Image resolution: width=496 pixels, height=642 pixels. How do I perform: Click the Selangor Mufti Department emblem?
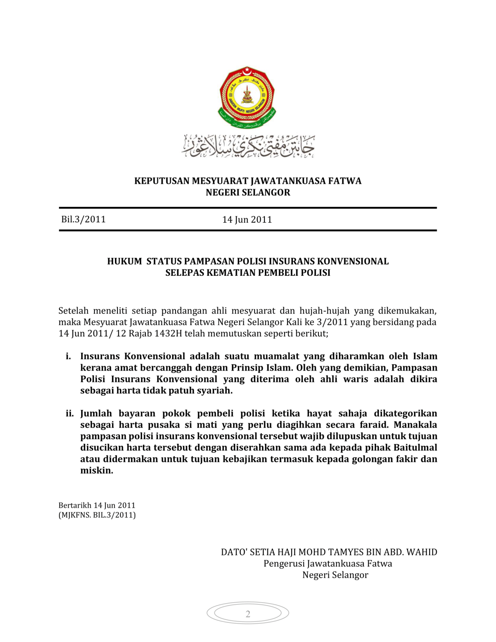pyautogui.click(x=247, y=97)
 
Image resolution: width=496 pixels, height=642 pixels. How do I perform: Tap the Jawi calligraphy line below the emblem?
pyautogui.click(x=248, y=146)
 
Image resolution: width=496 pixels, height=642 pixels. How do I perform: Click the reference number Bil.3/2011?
pyautogui.click(x=83, y=219)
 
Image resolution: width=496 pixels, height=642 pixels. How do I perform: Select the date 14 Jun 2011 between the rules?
pyautogui.click(x=247, y=219)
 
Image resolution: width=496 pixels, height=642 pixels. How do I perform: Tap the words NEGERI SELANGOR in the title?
pyautogui.click(x=248, y=192)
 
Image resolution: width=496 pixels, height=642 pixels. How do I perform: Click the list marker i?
pyautogui.click(x=68, y=356)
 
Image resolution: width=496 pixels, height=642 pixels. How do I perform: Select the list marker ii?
pyautogui.click(x=69, y=413)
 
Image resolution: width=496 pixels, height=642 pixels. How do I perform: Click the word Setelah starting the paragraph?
pyautogui.click(x=73, y=311)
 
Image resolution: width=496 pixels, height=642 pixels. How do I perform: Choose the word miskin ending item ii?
pyautogui.click(x=96, y=470)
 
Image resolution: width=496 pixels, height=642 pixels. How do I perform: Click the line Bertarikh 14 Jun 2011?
pyautogui.click(x=97, y=505)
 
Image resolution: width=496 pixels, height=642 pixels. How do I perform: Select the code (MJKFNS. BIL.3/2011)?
pyautogui.click(x=97, y=515)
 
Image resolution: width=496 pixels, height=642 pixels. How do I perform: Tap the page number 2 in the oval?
pyautogui.click(x=248, y=614)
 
